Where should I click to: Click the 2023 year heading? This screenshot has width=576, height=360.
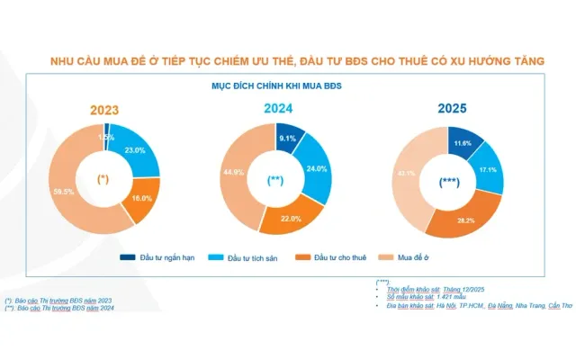pos(104,112)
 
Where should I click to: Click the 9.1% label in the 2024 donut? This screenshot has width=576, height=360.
pos(289,139)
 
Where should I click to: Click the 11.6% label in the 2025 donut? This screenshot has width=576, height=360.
pos(463,143)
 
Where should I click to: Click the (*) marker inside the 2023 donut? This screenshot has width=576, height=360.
pos(104,178)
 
